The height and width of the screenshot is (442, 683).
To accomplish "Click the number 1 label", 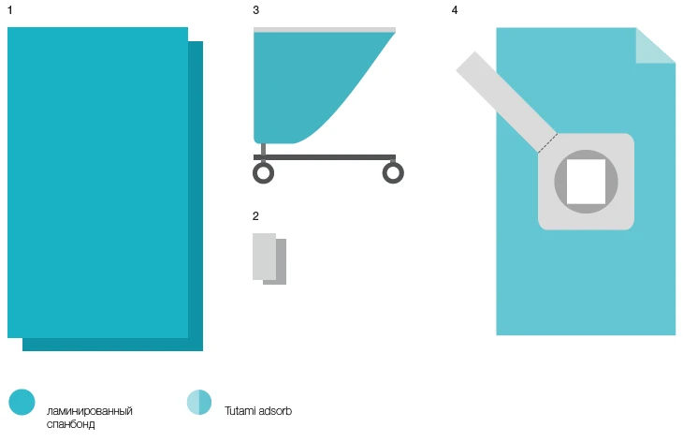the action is (x=10, y=10).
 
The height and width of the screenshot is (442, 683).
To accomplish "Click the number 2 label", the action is (x=255, y=216).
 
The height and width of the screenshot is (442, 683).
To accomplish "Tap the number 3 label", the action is (x=256, y=10).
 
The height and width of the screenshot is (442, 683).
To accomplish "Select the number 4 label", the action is (x=455, y=10).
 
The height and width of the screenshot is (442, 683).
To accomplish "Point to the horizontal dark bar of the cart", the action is (x=325, y=157).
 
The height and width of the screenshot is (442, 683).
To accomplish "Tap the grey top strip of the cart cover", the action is (x=325, y=30).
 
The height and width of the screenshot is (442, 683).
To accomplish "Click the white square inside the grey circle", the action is (x=586, y=182).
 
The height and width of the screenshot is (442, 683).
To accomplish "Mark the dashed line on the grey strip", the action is (x=547, y=143).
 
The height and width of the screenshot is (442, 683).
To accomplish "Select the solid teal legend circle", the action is (x=22, y=402).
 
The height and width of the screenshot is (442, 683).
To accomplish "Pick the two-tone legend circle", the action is (x=199, y=402).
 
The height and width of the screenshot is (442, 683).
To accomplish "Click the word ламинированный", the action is (x=90, y=411).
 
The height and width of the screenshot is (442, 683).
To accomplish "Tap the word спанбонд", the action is (x=70, y=424).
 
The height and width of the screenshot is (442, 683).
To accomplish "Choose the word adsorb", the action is (x=275, y=411).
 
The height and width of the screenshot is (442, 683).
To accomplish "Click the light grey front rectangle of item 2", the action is (x=265, y=257).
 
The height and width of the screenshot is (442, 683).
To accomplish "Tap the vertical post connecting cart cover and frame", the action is (x=263, y=149).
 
